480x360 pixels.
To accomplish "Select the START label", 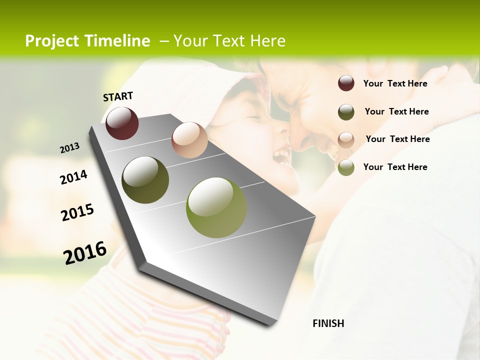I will coord(118,96).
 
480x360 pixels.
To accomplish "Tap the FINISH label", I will coord(328,323).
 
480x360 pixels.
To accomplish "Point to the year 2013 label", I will coord(70,148).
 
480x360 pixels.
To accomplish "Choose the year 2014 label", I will coord(73,177).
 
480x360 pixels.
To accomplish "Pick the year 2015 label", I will coord(77,212).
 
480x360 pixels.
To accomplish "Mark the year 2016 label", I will coord(85,253).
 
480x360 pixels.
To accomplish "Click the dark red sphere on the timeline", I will coord(122,123).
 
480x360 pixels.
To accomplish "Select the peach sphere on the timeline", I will coord(189,140).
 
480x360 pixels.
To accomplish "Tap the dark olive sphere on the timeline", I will coord(145,180).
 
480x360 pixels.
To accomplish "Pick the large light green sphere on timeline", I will coord(216,207).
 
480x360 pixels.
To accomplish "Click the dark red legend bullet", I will coord(346,83).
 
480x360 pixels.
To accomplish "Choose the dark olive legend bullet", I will coord(346,112).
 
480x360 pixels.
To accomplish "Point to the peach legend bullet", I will coord(346,139).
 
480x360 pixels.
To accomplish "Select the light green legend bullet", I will coord(346,167).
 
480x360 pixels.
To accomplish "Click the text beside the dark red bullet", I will coord(395,83).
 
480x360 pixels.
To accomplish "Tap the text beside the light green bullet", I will coord(395,167).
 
